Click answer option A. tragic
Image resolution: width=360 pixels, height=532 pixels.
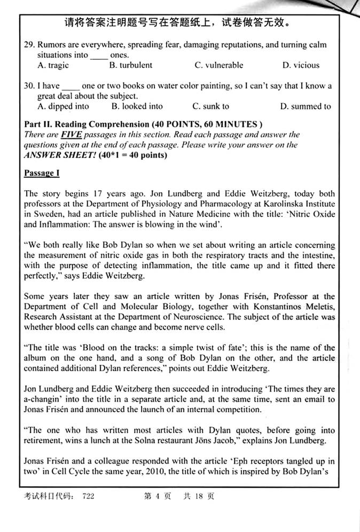(x=53, y=65)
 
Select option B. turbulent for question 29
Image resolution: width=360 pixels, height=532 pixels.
(x=130, y=65)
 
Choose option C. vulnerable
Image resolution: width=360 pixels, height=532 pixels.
(x=218, y=65)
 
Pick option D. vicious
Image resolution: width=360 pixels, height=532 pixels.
(x=301, y=65)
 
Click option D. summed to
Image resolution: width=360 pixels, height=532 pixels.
(x=306, y=106)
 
